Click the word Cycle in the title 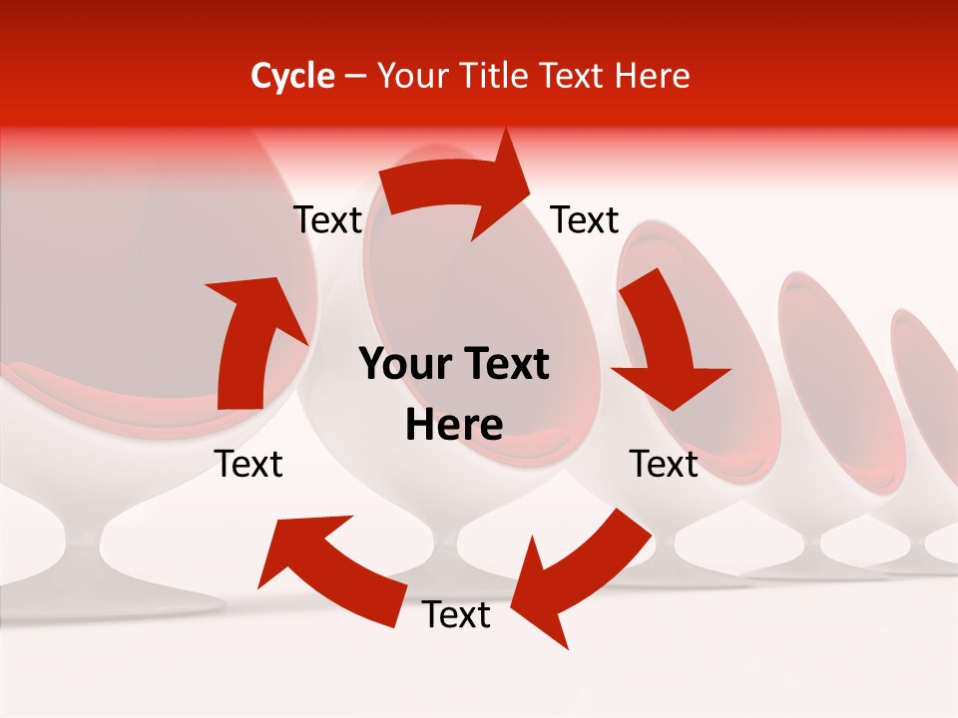coord(292,76)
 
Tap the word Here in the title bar coord(652,76)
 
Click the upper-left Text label coord(327,220)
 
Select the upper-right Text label coord(585,220)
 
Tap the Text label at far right coord(664,464)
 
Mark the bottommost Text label coord(456,615)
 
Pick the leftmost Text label coord(248,464)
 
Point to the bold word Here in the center coord(454,426)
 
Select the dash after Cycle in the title coord(355,77)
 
